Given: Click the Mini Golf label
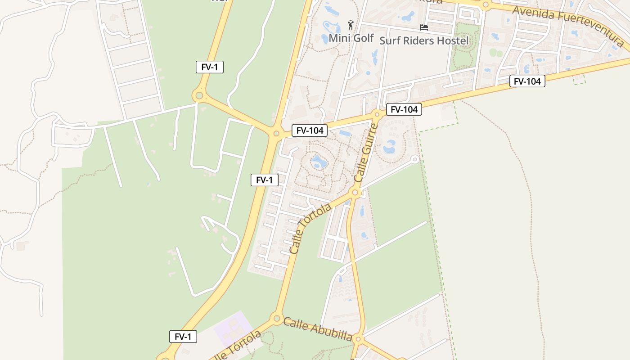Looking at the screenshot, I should point(351,38).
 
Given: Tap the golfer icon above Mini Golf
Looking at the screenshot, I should point(351,25).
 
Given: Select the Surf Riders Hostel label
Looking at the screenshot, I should point(424,40).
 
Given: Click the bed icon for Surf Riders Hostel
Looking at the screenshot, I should point(423,27).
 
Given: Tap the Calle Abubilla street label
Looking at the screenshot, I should point(317,329).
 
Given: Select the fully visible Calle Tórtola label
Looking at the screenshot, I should point(310,228).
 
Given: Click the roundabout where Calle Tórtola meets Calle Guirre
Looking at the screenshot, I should point(355,193).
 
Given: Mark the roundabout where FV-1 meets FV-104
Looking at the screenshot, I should point(276,133).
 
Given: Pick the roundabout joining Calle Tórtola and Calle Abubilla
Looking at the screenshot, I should point(276,318).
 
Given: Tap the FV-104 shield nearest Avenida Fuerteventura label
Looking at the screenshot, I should point(527,81).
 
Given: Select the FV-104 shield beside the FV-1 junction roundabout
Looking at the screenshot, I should point(309,130).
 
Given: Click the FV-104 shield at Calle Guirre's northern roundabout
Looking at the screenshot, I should point(404,109).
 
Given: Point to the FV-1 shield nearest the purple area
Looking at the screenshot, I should point(183,337).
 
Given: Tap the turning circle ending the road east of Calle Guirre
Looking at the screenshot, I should point(415,159).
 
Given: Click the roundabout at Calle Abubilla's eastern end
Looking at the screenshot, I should point(358,338).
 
